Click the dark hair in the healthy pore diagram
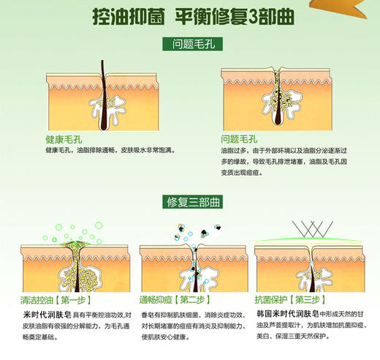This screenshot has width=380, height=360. tap(102, 95)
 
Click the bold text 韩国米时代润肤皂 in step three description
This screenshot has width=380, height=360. tap(291, 313)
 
